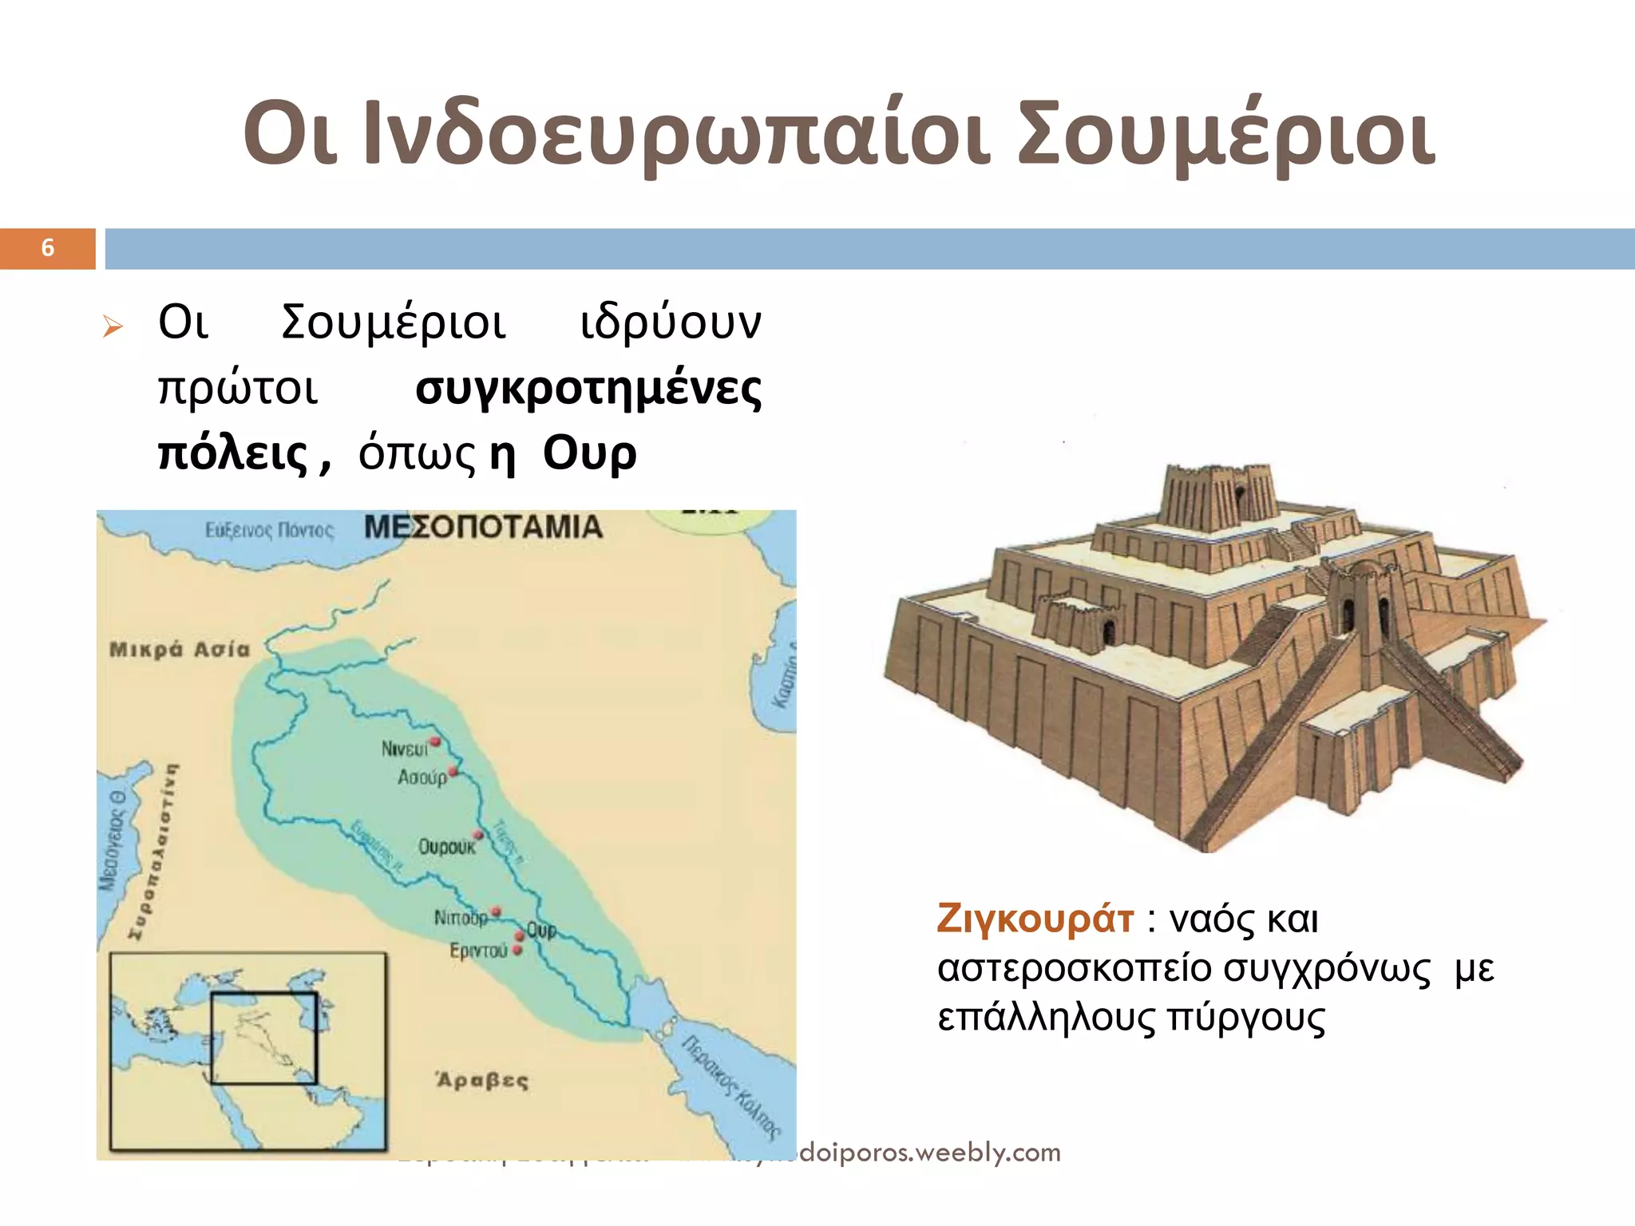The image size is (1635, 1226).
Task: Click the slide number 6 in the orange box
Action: point(48,248)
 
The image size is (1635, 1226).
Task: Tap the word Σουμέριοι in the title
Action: point(1226,134)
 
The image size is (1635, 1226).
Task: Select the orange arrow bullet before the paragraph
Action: point(113,326)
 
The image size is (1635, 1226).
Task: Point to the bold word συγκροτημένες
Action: point(588,390)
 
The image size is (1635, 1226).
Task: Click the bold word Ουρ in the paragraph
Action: point(589,454)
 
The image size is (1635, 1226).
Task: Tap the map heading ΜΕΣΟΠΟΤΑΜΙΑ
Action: point(483,528)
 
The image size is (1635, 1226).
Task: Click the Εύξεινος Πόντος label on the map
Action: point(269,530)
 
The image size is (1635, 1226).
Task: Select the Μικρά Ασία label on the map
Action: point(179,650)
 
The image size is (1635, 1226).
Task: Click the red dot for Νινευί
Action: point(436,742)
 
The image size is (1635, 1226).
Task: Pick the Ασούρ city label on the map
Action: point(422,777)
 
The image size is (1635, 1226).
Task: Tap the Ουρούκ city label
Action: point(446,847)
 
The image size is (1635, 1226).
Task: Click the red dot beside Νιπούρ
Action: point(496,911)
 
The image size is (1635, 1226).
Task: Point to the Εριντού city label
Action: point(478,951)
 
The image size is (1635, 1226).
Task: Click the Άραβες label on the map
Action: point(481,1081)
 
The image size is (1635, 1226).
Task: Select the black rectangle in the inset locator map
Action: point(263,1038)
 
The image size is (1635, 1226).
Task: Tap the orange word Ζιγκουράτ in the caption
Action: point(1035,919)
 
